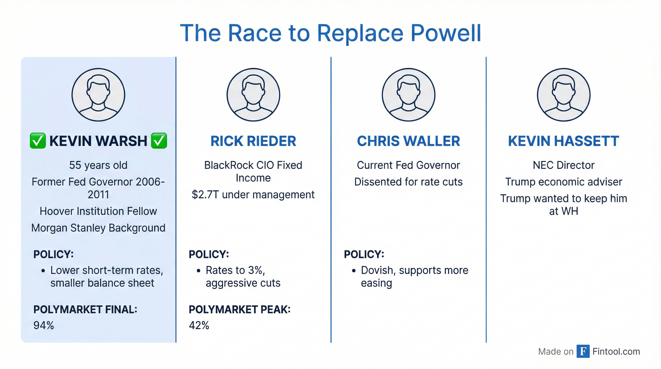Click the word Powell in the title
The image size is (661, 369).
pos(446,33)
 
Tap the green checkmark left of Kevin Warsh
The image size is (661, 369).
pos(38,141)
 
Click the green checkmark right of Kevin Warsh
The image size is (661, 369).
pos(159,141)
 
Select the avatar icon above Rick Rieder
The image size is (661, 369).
pos(253,94)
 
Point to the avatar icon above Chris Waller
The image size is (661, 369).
pos(409,94)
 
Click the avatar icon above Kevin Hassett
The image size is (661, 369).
pos(564,94)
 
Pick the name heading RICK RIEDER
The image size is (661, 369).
pos(253,141)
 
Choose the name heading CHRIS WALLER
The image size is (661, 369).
pos(409,141)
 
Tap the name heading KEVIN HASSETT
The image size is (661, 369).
pos(564,141)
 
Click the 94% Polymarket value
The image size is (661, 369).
pos(44,325)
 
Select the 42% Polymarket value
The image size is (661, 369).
pos(199,325)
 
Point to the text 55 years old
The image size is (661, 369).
pos(98,165)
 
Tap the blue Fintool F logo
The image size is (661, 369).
pos(583,351)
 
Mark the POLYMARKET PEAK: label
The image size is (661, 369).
pos(239,309)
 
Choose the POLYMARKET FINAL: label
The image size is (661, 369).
pos(85,309)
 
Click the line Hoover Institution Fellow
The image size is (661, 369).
pos(98,211)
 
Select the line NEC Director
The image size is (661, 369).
pos(564,165)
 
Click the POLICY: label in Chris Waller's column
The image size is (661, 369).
pos(364,254)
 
